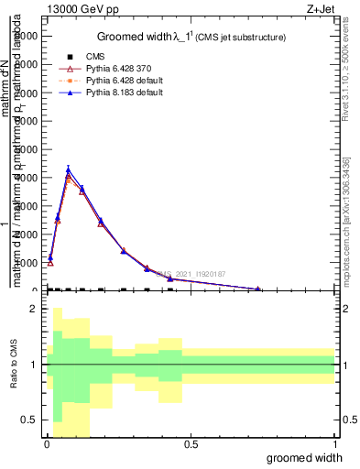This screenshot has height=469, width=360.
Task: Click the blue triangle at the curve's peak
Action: click(68, 169)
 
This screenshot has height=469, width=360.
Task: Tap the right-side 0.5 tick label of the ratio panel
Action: click(348, 420)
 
